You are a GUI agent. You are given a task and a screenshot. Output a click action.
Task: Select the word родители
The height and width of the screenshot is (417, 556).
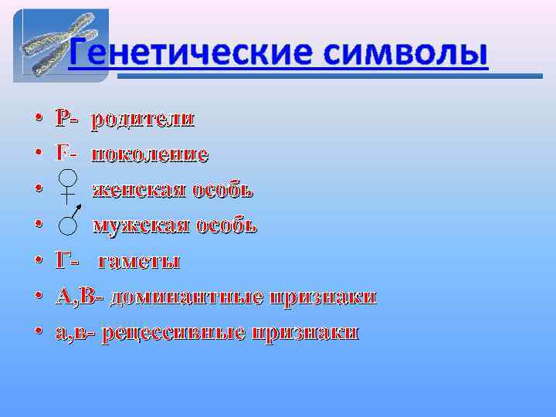click(144, 120)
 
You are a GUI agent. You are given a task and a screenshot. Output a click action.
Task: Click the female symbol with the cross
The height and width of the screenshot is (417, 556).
click(69, 188)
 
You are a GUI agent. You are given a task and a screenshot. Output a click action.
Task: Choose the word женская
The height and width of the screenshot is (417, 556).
click(134, 191)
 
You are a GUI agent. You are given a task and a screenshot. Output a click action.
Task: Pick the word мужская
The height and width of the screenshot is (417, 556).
click(140, 226)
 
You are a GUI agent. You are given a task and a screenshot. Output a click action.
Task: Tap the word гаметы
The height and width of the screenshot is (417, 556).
click(144, 262)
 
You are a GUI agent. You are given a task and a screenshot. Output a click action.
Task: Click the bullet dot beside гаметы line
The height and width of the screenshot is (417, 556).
click(37, 263)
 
